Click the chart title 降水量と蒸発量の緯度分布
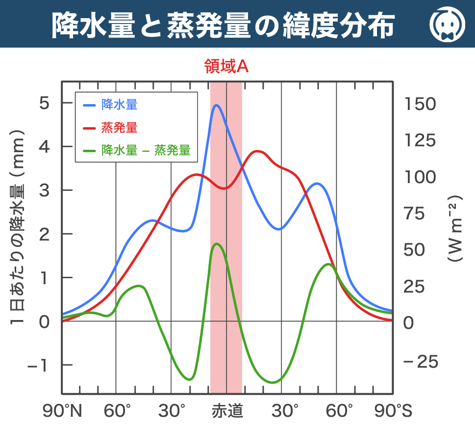(x=223, y=26)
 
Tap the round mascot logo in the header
(x=447, y=24)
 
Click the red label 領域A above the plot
(x=226, y=66)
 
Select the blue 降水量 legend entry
(x=110, y=105)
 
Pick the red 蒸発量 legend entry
(x=110, y=128)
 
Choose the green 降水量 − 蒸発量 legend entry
(x=137, y=151)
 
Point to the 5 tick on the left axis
(x=44, y=103)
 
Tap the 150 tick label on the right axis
(x=420, y=104)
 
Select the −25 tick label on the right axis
(x=421, y=362)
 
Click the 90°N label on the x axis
(x=62, y=411)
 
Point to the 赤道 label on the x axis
(x=227, y=411)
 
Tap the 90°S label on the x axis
(x=393, y=411)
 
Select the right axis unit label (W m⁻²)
(x=455, y=228)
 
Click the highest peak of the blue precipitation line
(x=216, y=105)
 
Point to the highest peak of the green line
(x=216, y=243)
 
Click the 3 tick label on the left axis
(x=44, y=190)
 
